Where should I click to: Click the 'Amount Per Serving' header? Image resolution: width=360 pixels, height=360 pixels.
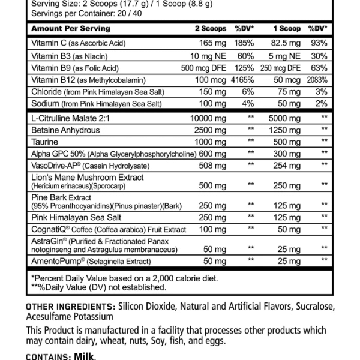(71, 28)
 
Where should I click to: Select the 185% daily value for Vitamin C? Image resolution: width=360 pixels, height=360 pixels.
(243, 43)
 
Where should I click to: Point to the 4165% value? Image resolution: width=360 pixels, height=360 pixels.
(243, 79)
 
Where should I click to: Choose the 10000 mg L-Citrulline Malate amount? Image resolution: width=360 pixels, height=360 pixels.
(207, 118)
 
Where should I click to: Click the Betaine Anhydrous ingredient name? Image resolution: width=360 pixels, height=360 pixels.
(65, 130)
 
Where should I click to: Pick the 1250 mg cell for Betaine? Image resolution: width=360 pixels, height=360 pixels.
(286, 130)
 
